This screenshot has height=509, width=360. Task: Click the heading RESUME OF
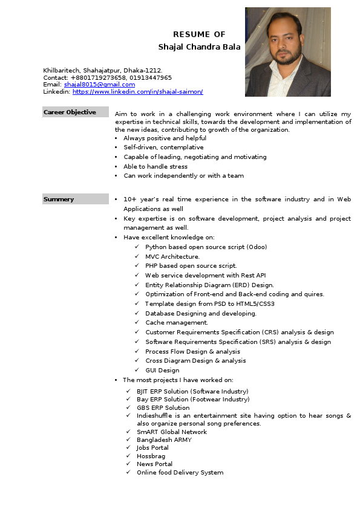(199, 34)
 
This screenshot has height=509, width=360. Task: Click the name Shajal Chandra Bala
(199, 47)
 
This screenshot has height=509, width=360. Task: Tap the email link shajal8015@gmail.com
(99, 85)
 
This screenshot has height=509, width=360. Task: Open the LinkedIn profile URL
(137, 92)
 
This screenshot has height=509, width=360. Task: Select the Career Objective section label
(70, 112)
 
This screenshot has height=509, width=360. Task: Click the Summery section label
(59, 199)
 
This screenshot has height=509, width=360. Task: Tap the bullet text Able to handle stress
(155, 166)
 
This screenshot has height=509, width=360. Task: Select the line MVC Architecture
(172, 256)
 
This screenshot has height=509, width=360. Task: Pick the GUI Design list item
(162, 370)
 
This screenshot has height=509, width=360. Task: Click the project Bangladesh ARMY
(164, 440)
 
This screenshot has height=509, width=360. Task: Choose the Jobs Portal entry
(152, 448)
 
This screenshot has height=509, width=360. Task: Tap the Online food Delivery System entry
(180, 473)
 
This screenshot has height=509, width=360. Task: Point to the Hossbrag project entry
(151, 456)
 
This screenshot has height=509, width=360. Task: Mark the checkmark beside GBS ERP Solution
(129, 407)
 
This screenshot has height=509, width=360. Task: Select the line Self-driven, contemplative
(163, 148)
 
